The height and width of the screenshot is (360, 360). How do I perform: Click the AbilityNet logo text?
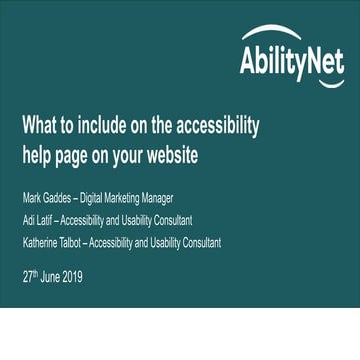(x=291, y=62)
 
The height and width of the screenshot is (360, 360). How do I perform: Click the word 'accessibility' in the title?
(x=215, y=126)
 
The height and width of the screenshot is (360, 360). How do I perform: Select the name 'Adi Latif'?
(x=38, y=218)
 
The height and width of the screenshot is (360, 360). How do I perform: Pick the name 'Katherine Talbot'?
(x=53, y=242)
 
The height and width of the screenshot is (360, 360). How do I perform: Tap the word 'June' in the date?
(x=49, y=277)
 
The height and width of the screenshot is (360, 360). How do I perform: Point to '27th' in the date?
(x=29, y=276)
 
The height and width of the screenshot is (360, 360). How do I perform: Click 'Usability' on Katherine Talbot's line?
(x=157, y=242)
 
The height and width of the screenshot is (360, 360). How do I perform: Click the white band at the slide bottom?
(x=180, y=335)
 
